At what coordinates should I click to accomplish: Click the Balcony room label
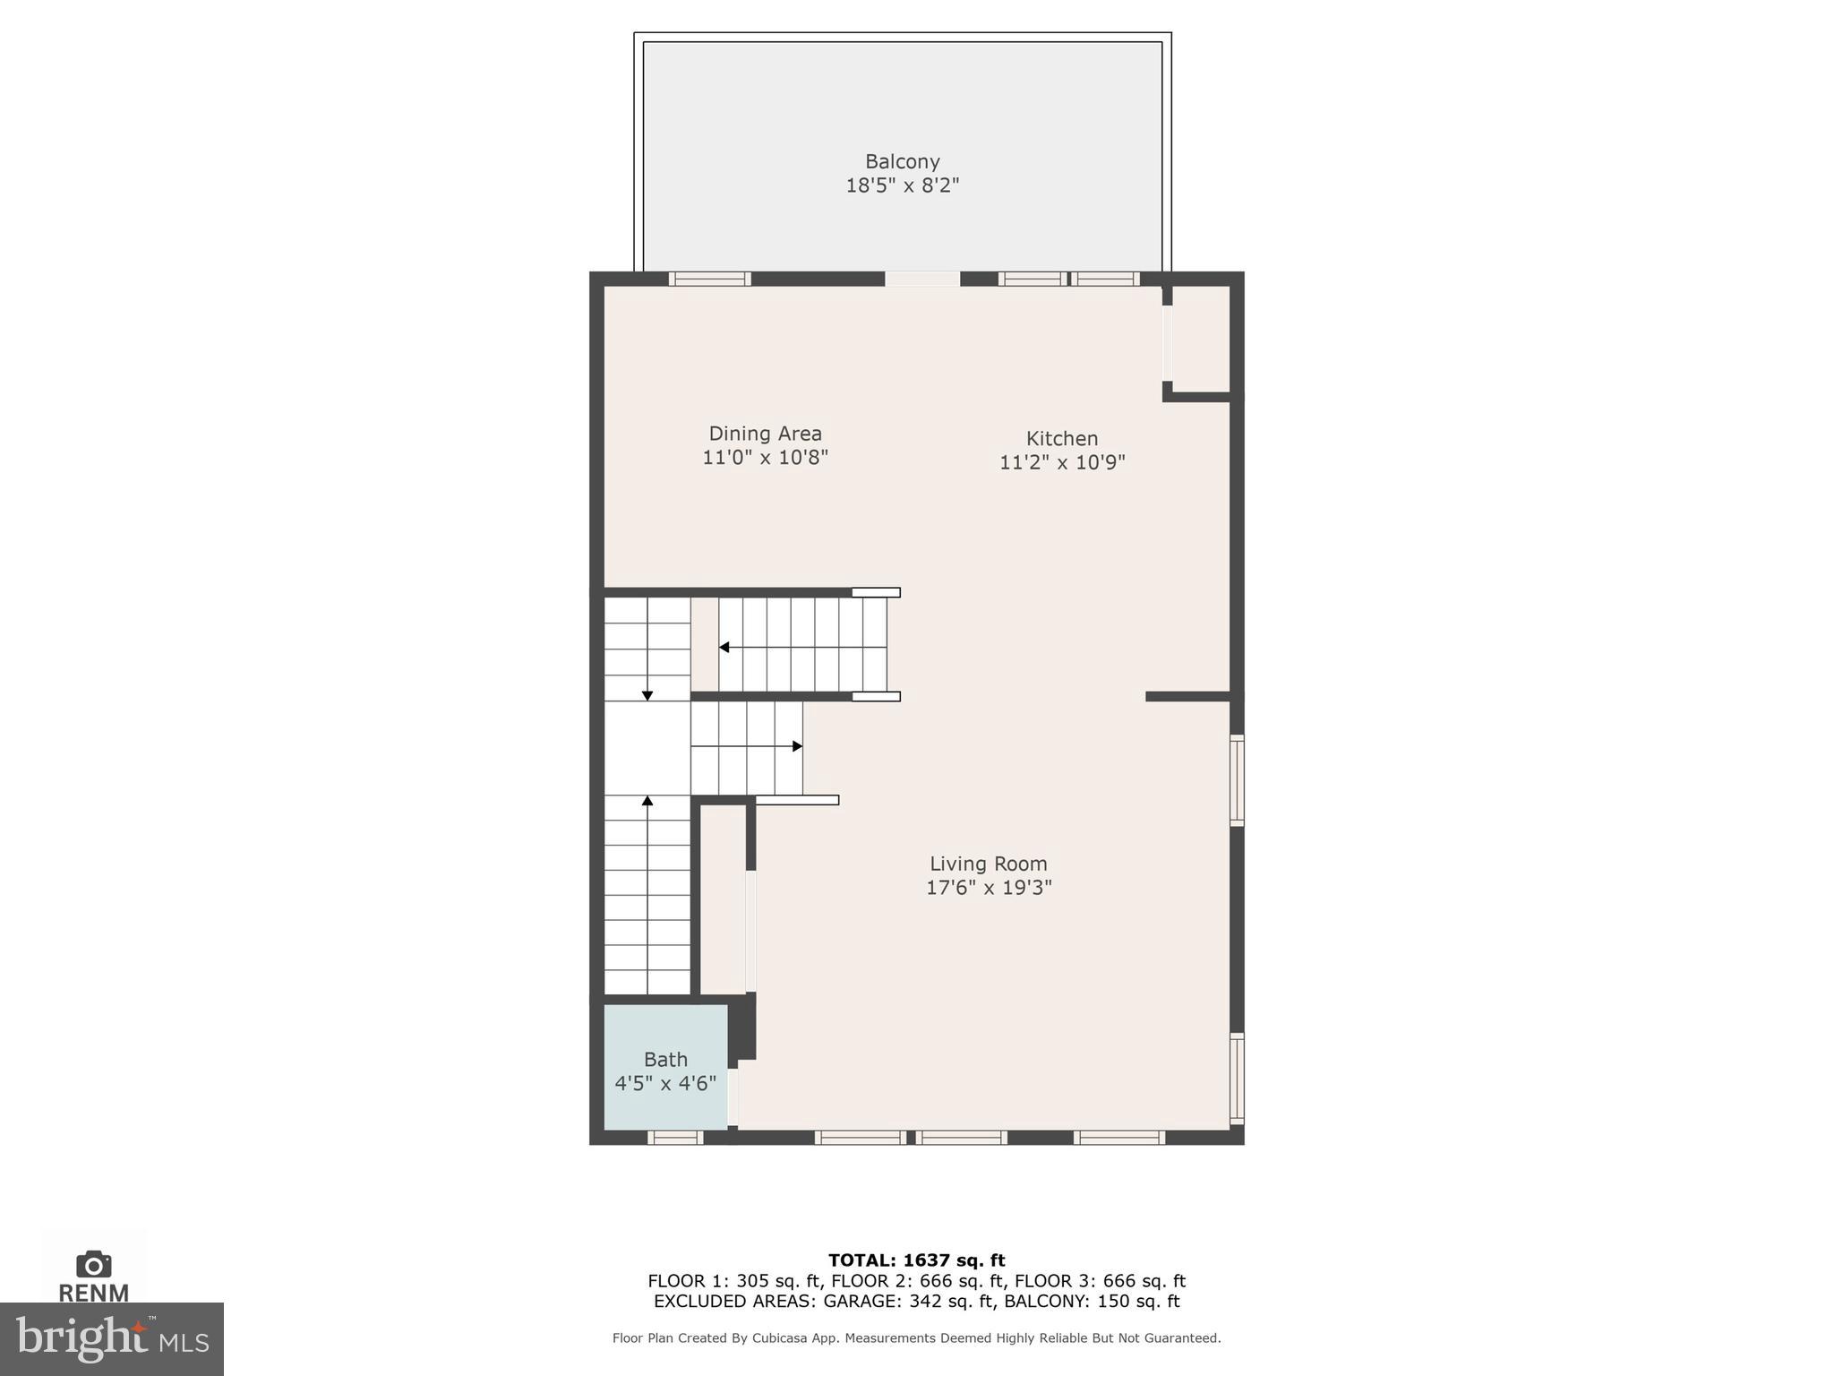902,162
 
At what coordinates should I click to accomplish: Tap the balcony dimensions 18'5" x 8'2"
902,186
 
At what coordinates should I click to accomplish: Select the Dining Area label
765,434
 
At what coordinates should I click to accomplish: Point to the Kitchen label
1061,439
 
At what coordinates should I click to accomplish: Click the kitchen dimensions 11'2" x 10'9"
1061,462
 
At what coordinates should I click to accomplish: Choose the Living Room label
988,864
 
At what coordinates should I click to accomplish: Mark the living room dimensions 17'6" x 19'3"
988,888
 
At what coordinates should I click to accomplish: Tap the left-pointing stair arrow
724,647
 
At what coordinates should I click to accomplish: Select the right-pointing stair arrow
797,746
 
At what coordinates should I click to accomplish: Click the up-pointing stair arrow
647,800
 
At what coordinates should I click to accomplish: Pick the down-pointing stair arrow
647,695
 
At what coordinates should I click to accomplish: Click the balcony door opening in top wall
922,279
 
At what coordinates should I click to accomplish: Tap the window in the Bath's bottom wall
674,1138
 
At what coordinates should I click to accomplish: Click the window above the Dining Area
709,279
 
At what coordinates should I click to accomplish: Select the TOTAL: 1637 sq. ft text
916,1260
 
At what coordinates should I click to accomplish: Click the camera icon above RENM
93,1265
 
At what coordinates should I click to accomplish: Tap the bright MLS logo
111,1338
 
